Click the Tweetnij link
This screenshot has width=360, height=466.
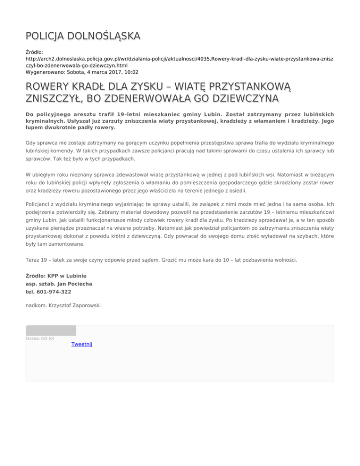82,345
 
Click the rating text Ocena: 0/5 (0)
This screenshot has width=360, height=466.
40,338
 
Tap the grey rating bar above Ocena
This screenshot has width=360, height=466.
51,331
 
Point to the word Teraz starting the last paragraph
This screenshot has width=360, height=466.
33,259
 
